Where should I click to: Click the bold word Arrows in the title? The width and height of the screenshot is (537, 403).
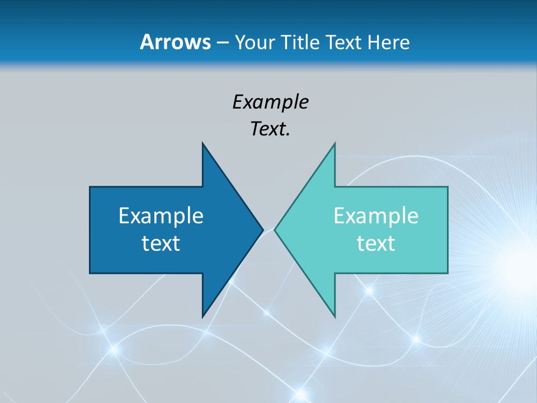tap(175, 42)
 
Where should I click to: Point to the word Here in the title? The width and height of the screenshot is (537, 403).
tap(389, 42)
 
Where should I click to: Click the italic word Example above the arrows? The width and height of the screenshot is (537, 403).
tap(270, 102)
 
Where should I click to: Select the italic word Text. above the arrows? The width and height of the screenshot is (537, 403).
tap(270, 129)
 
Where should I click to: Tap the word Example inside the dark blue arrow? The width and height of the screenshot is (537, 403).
tap(161, 215)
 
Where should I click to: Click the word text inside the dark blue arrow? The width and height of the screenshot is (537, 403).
tap(161, 243)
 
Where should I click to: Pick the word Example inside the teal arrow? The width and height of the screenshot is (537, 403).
tap(376, 215)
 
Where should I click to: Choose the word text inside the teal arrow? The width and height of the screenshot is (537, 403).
tap(376, 243)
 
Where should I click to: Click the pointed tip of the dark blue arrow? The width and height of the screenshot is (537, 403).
tap(262, 229)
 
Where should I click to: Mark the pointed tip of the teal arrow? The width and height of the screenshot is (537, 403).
tap(275, 229)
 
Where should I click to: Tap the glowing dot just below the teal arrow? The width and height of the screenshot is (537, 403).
tap(369, 290)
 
